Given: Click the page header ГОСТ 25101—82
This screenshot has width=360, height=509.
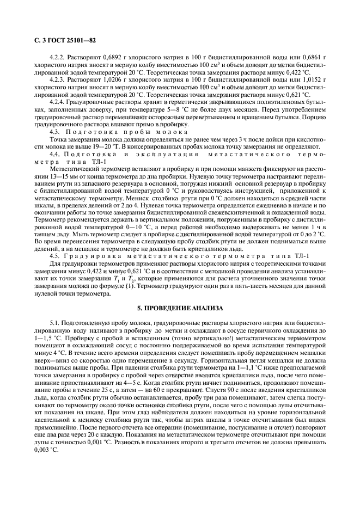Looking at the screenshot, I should click(60, 40).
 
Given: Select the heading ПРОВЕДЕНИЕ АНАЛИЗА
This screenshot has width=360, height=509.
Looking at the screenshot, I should click(180, 309).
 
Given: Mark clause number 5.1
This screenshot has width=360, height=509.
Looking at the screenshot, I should click(54, 323).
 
